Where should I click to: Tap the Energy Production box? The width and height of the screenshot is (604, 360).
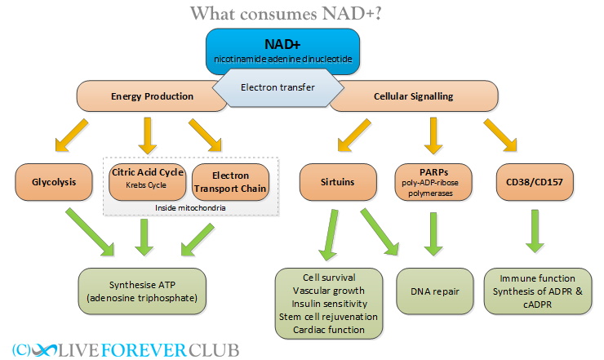tap(152, 96)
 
